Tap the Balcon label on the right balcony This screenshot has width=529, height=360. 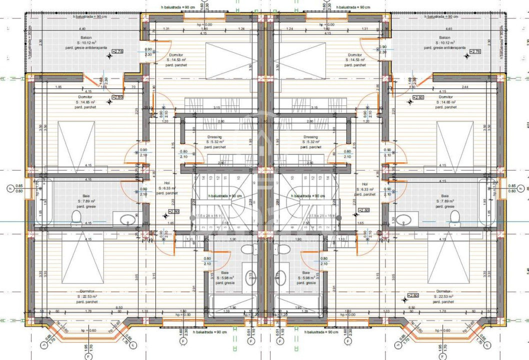coord(443,37)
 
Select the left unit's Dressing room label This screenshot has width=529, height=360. coord(214,137)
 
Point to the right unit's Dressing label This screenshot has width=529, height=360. coord(310,137)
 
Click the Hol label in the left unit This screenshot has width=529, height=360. coord(167,183)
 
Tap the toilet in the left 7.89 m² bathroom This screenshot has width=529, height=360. coord(76,216)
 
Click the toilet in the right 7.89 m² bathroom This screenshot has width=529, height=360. coord(454,216)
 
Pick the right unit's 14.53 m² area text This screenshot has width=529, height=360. coord(355,59)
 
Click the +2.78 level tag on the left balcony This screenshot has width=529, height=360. coord(117,51)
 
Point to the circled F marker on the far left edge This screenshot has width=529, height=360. coord(9,188)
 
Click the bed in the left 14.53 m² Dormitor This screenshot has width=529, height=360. coord(228,61)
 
